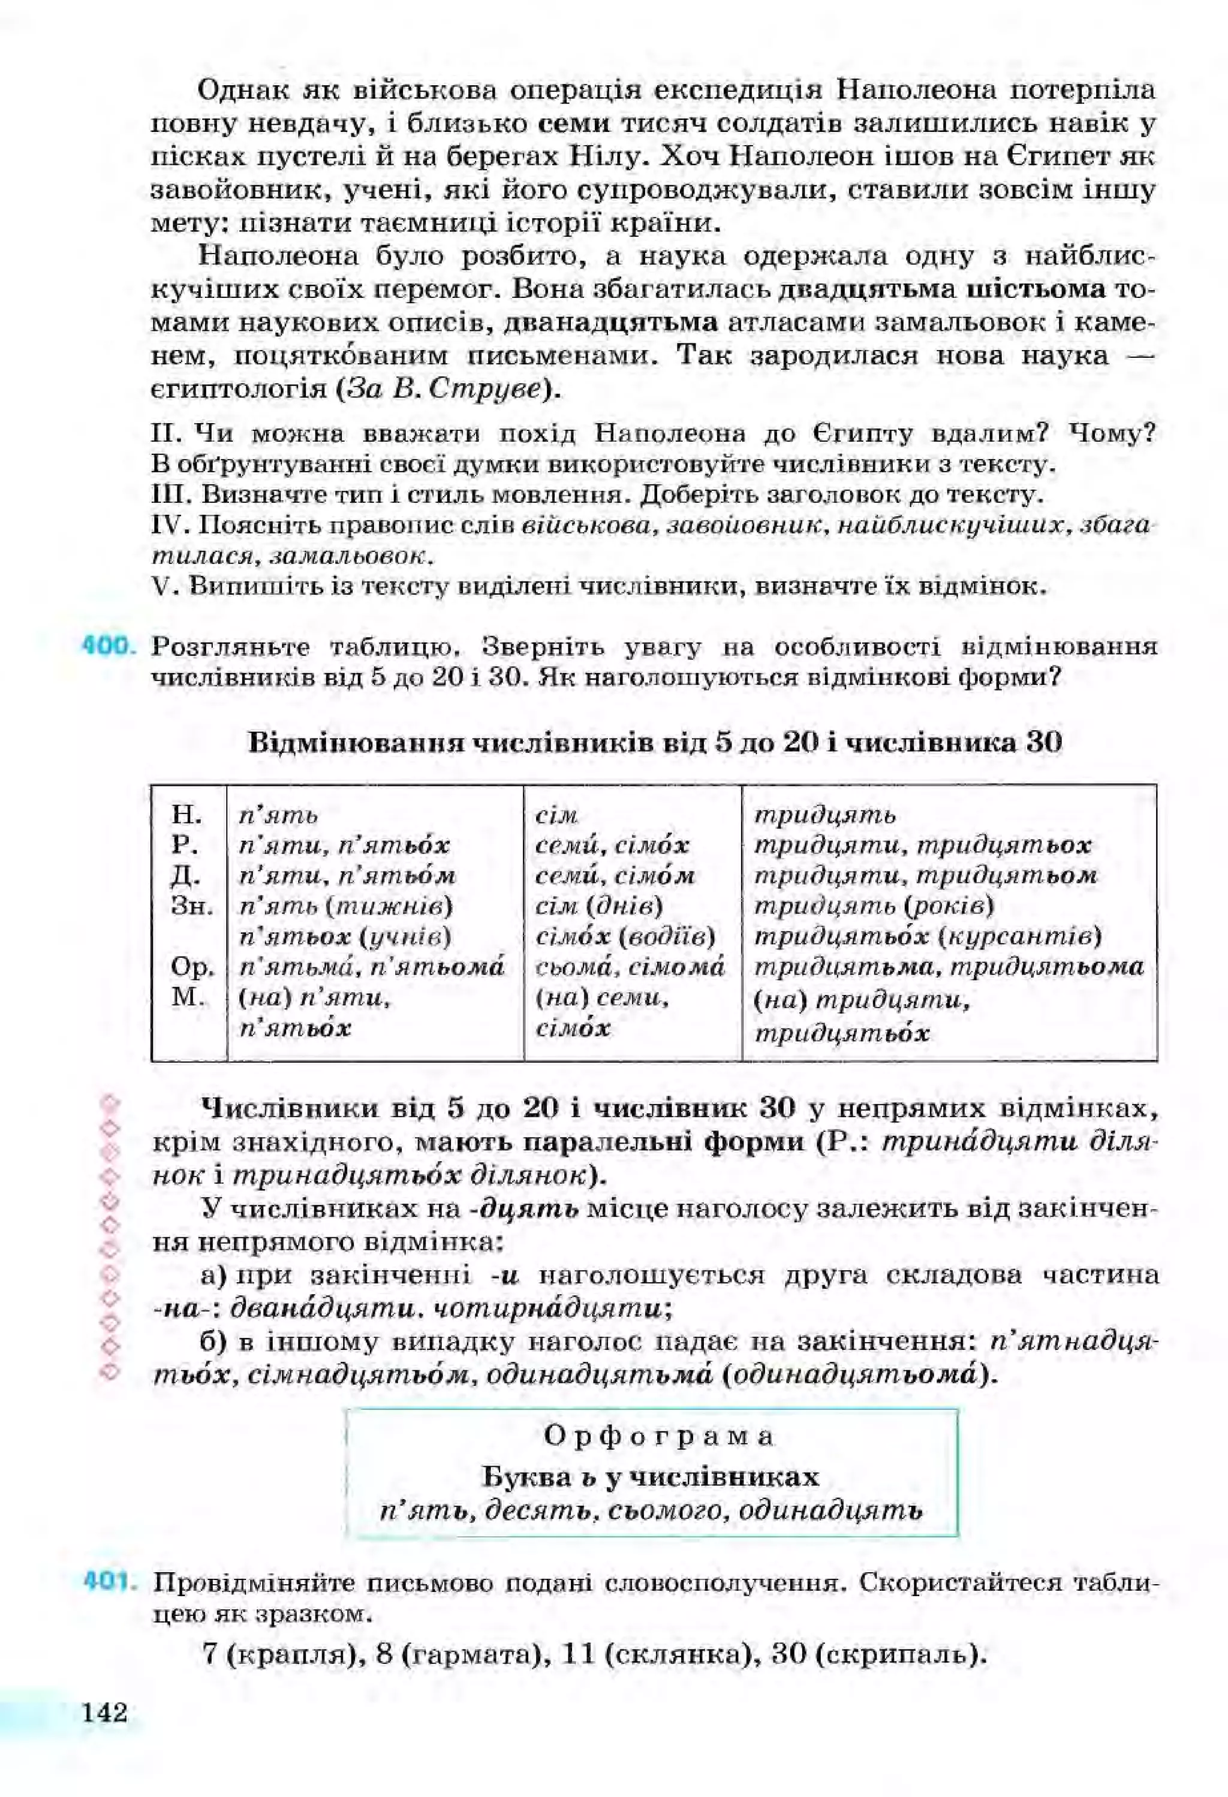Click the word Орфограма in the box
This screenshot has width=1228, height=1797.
click(x=658, y=1437)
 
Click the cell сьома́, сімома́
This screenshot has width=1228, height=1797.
click(x=630, y=967)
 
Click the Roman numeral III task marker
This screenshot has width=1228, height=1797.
click(x=168, y=493)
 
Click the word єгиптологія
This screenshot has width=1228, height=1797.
click(x=238, y=389)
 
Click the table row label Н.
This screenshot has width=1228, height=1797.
click(x=186, y=814)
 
